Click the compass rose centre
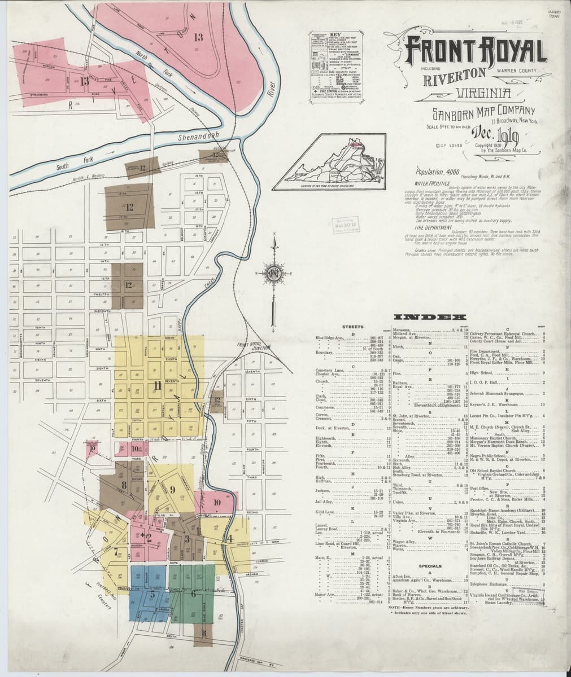(x=273, y=275)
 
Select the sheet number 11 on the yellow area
(x=155, y=385)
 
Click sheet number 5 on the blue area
(x=152, y=594)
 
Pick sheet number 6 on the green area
(x=193, y=594)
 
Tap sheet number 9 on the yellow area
(x=172, y=488)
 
